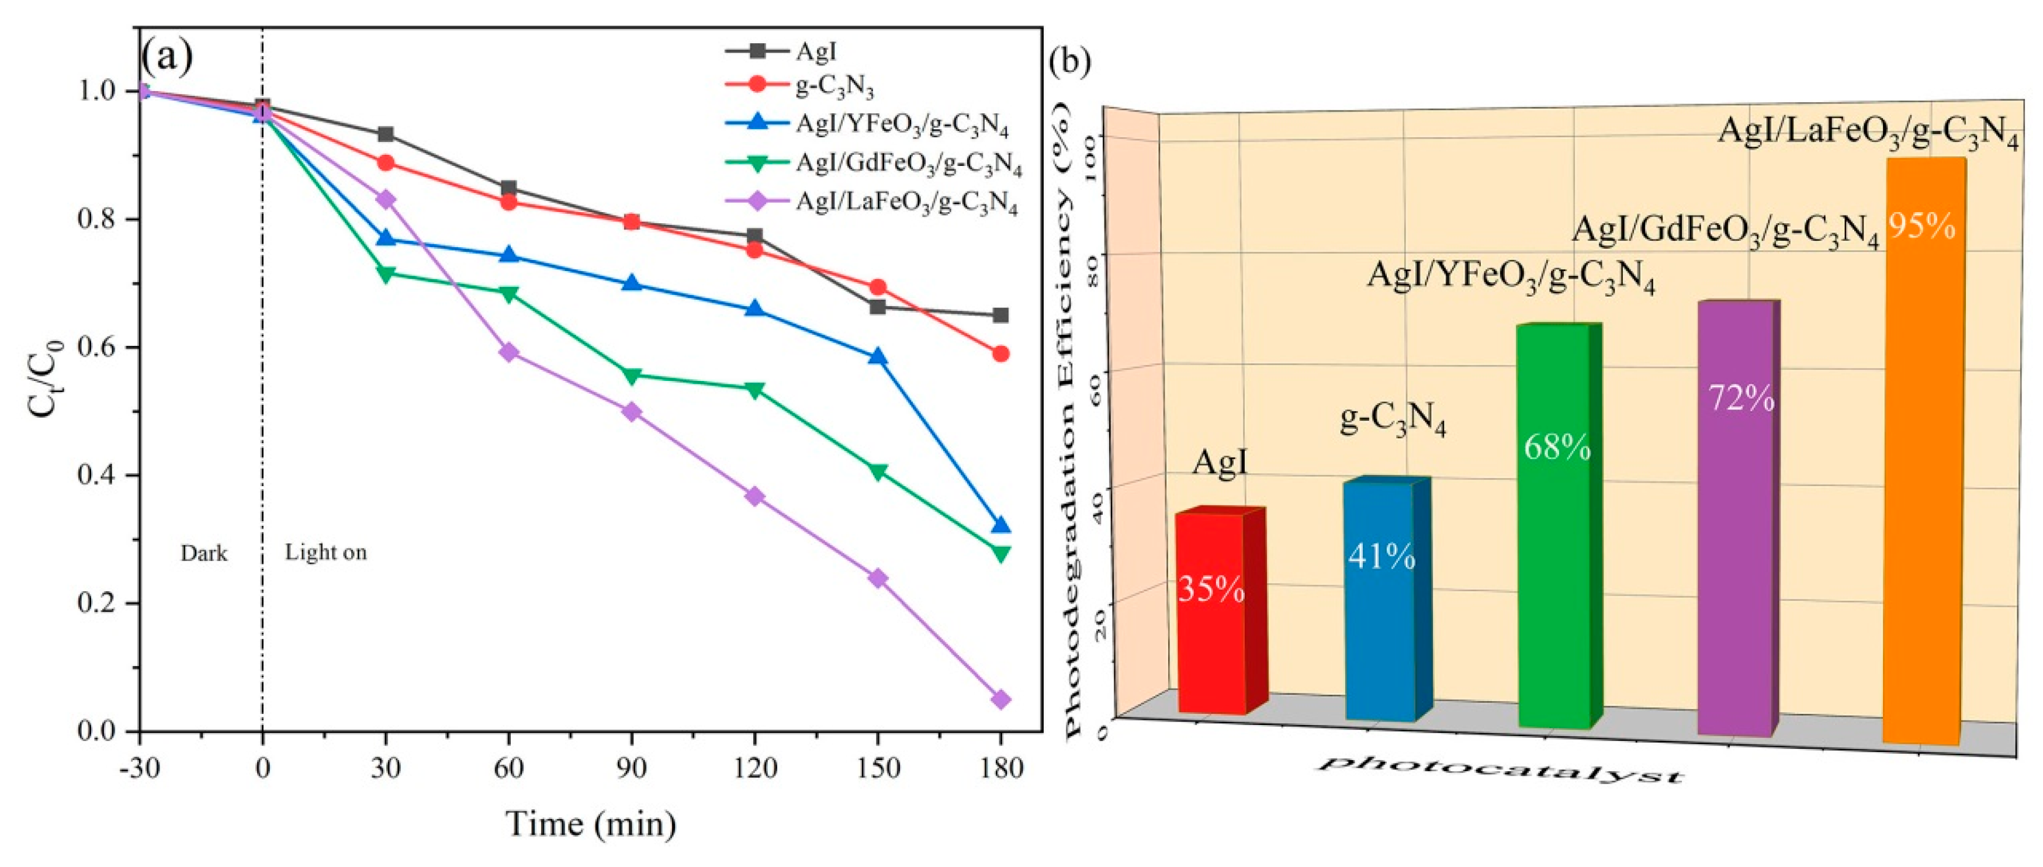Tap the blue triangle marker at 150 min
(877, 357)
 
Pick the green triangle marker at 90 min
(631, 375)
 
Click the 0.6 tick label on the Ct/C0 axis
(98, 348)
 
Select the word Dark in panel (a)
(204, 553)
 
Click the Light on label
(326, 552)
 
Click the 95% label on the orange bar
(1921, 227)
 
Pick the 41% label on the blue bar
(1381, 557)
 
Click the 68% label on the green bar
(1557, 448)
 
